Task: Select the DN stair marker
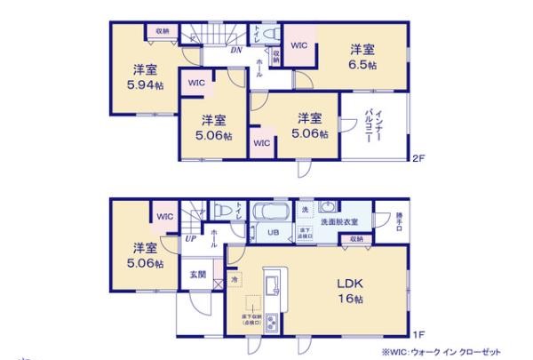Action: [235, 51]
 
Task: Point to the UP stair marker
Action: [191, 239]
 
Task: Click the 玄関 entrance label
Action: [197, 275]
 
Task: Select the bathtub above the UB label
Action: [266, 214]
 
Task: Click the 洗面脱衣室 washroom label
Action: [339, 221]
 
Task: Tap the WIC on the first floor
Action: [164, 217]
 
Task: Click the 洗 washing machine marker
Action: [304, 210]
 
